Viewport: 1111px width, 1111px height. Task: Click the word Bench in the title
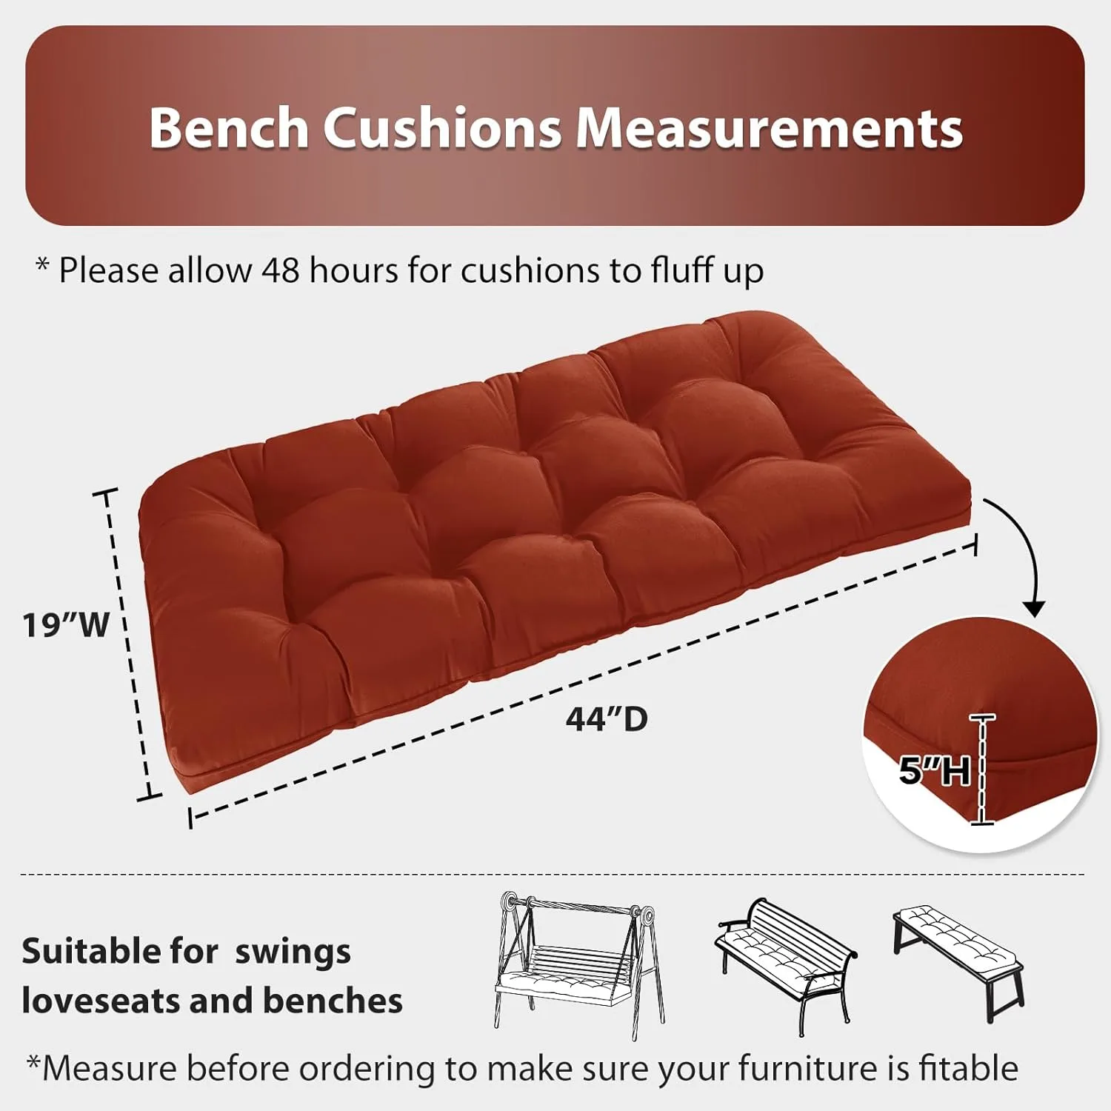pos(228,127)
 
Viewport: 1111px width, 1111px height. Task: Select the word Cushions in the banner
pos(442,127)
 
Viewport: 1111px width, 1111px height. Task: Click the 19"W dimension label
pos(66,624)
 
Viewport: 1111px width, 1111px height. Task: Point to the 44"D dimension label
pos(607,718)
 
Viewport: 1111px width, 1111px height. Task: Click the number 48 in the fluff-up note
pos(281,270)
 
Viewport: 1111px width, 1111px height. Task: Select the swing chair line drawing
pos(578,963)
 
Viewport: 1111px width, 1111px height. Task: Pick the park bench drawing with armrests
pos(785,963)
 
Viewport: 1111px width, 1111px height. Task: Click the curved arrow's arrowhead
pos(1035,609)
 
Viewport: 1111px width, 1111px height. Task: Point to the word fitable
pos(968,1069)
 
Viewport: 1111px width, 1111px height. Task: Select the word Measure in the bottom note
pos(110,1069)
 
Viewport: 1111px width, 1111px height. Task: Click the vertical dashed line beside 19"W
pos(130,644)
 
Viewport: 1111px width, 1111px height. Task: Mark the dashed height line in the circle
pos(983,770)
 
